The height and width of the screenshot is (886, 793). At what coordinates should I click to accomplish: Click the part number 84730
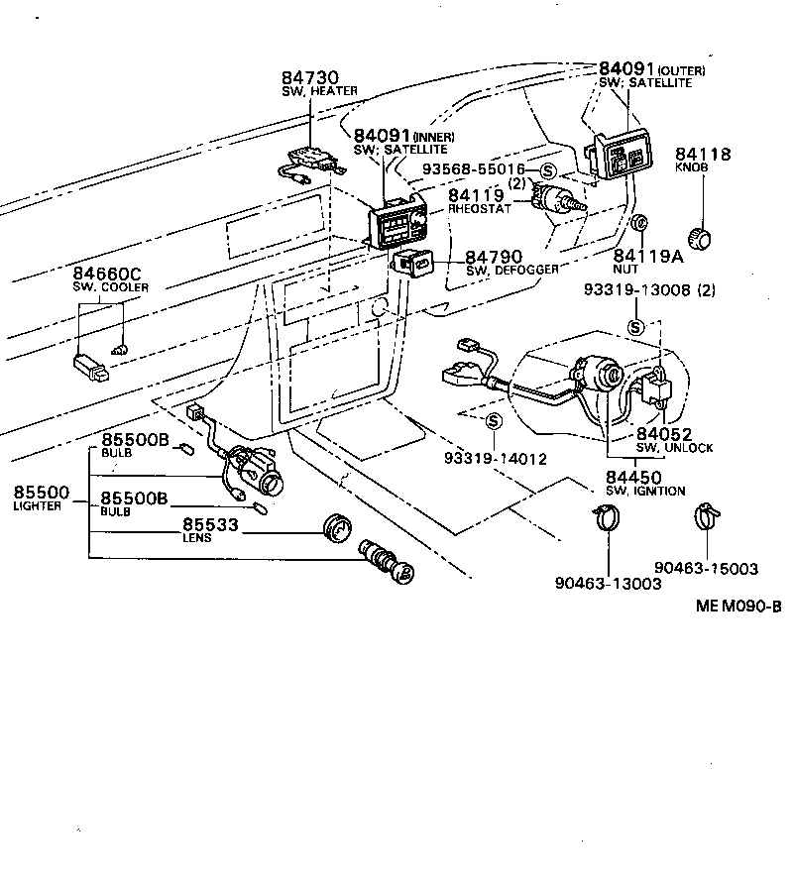click(309, 77)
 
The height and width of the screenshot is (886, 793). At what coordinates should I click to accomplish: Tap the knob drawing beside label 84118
click(703, 237)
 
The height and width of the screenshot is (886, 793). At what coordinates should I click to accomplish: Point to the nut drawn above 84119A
click(641, 222)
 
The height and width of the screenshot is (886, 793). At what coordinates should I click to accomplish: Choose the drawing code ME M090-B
click(737, 607)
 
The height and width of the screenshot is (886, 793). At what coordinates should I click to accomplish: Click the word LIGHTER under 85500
click(38, 506)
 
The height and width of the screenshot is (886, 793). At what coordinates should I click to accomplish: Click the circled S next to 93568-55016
click(547, 169)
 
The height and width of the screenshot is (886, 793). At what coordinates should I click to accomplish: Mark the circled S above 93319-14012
click(494, 422)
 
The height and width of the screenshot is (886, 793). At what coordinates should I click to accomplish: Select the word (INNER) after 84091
click(433, 136)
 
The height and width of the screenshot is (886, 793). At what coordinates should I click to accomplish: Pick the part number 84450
click(634, 478)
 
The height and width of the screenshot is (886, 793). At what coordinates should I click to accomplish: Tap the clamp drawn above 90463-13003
click(606, 518)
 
